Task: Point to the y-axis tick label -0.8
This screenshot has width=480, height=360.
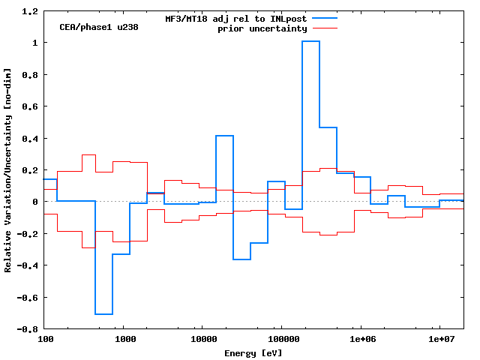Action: (x=28, y=329)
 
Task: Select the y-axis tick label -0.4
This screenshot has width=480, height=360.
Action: (x=28, y=265)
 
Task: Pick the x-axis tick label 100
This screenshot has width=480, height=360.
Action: (x=45, y=340)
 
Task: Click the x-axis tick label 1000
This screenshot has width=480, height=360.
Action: (x=125, y=340)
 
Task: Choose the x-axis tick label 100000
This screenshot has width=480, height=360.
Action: (x=280, y=340)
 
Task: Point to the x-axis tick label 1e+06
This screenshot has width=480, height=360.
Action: (x=361, y=340)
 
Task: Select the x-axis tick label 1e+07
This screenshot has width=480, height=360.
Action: (x=441, y=340)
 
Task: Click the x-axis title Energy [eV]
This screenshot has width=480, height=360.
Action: (x=253, y=352)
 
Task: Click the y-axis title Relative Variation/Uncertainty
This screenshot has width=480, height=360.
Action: (x=8, y=170)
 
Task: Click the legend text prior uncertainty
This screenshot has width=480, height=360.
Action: (x=262, y=28)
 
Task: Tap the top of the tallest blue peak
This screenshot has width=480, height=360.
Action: (x=310, y=42)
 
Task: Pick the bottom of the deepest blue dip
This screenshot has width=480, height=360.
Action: (x=103, y=314)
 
